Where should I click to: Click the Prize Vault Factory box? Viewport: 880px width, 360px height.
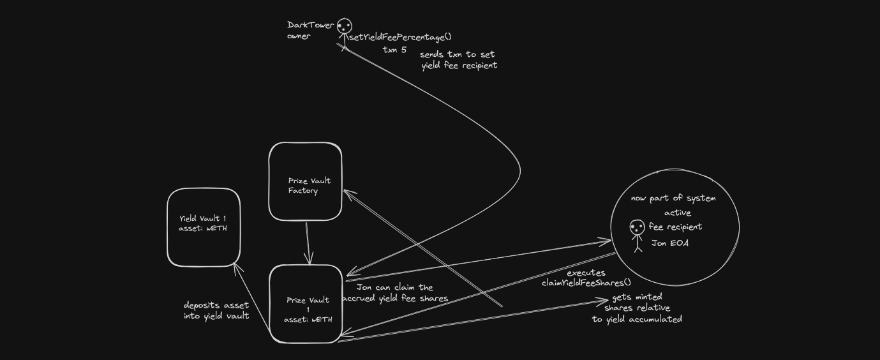click(305, 182)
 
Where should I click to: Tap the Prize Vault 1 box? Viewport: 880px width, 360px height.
click(306, 304)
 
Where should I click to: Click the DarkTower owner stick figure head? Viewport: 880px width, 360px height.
click(344, 26)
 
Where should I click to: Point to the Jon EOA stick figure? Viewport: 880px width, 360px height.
click(637, 234)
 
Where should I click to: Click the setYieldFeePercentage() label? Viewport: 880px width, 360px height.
click(400, 38)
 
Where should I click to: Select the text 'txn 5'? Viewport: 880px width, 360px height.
click(394, 50)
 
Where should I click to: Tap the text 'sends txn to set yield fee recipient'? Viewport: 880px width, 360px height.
click(458, 59)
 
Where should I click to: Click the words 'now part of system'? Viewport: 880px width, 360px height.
click(673, 198)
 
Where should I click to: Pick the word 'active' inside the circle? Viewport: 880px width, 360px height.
click(677, 213)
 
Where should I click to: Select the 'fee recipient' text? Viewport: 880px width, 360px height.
click(675, 227)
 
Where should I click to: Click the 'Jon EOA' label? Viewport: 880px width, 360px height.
click(670, 243)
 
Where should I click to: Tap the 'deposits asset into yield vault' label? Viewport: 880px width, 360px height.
click(216, 310)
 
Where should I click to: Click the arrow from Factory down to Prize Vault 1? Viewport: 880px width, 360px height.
click(308, 243)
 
